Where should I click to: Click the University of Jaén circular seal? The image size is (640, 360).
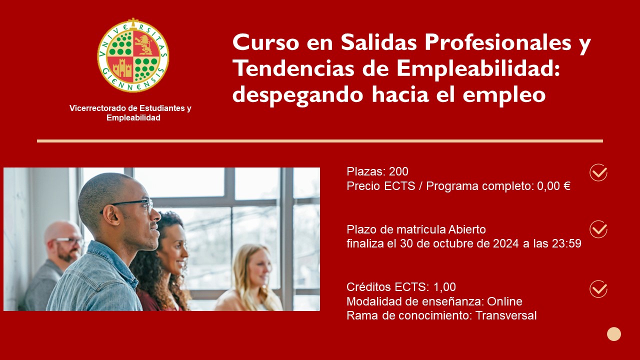133,55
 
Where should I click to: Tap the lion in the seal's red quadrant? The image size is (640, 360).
145,44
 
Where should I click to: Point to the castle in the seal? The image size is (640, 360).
122,68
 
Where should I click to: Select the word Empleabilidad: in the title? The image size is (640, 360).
478,69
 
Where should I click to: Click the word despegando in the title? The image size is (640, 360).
297,95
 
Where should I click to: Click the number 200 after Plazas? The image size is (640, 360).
398,171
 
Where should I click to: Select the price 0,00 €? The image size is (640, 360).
553,186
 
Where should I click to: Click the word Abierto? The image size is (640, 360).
467,229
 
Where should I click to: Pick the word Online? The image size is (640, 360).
504,301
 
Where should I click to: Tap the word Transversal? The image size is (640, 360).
506,315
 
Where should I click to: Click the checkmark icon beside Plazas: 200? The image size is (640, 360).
598,172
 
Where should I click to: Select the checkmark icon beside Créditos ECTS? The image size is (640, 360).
598,289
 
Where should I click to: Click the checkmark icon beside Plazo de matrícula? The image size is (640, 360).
598,229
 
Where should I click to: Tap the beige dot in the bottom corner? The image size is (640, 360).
614,334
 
